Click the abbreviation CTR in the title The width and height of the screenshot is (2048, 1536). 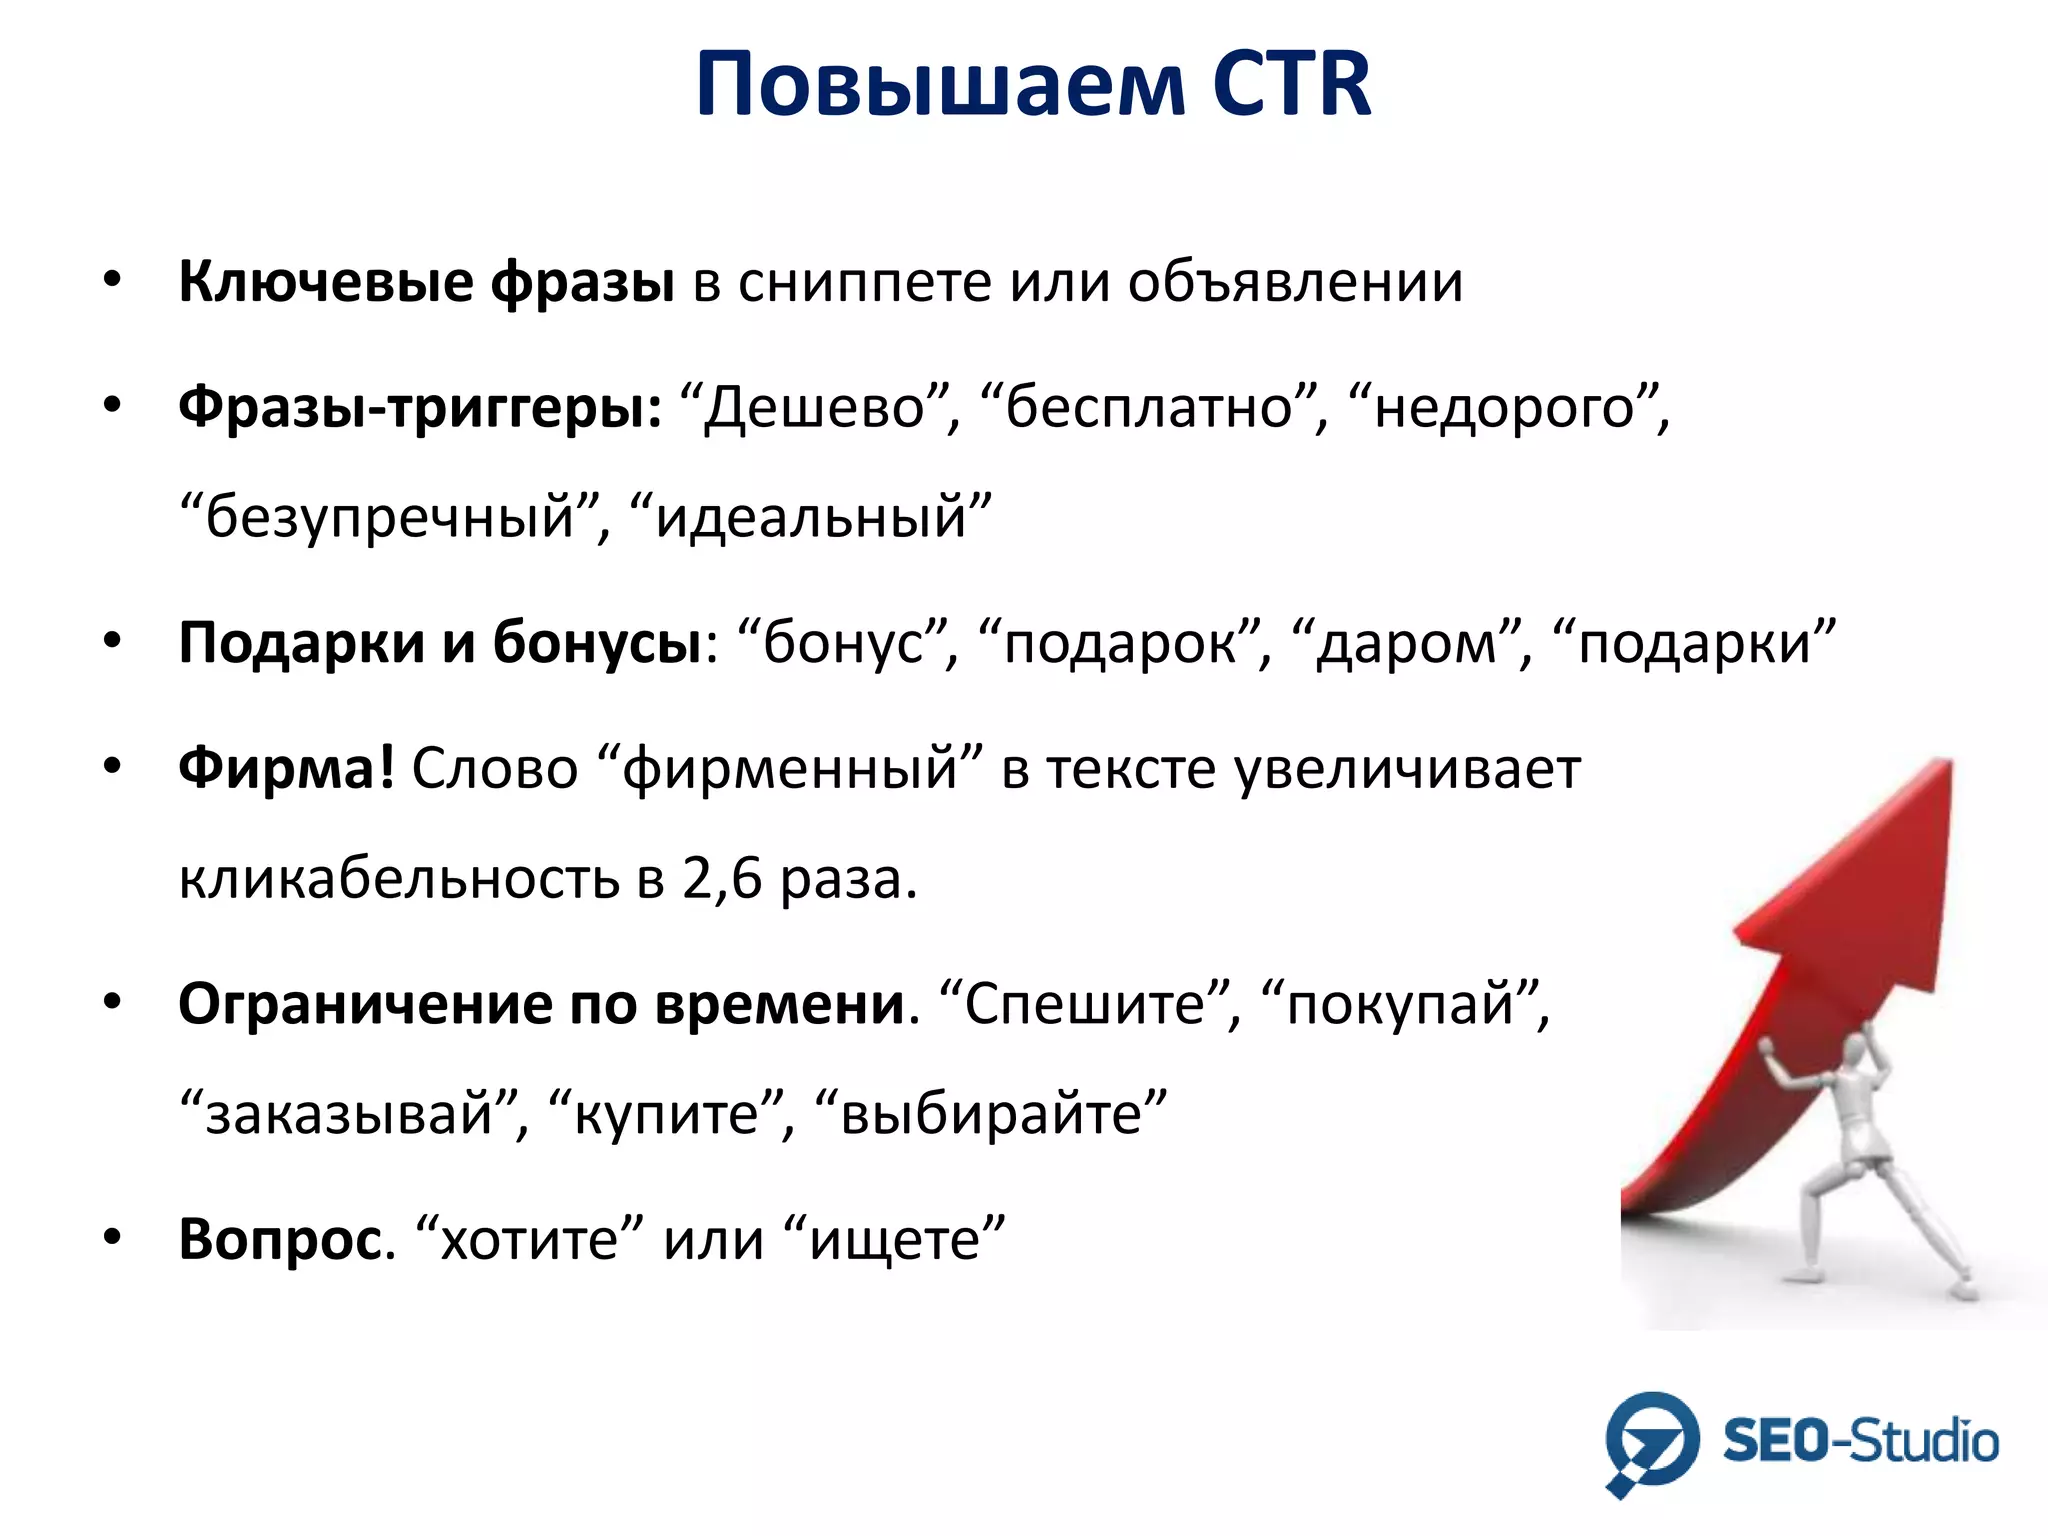pyautogui.click(x=1291, y=84)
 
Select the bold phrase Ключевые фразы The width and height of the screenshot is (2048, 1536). pyautogui.click(x=426, y=283)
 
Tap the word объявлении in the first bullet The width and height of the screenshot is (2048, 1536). pyautogui.click(x=1295, y=283)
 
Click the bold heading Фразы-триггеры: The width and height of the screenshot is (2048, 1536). pyautogui.click(x=420, y=408)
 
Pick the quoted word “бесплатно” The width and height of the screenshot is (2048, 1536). pyautogui.click(x=1150, y=408)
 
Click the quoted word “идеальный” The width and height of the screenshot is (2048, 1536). pyautogui.click(x=811, y=518)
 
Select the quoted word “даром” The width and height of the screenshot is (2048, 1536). pyautogui.click(x=1406, y=643)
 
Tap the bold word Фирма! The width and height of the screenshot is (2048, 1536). pyautogui.click(x=286, y=768)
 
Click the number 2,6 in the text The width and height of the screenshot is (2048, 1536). pyautogui.click(x=721, y=878)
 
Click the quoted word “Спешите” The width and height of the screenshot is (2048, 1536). pyautogui.click(x=1086, y=1003)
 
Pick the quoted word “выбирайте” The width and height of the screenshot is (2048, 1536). pyautogui.click(x=991, y=1113)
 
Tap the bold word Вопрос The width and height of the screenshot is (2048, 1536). pyautogui.click(x=280, y=1240)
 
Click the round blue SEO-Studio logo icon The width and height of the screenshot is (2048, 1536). pyautogui.click(x=1651, y=1441)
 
